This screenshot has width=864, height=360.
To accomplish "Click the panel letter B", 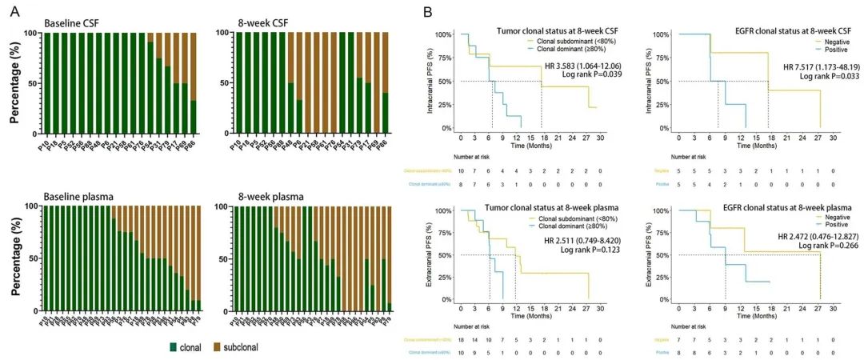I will click(x=427, y=11).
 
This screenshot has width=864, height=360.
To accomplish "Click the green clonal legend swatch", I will click(x=174, y=347).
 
